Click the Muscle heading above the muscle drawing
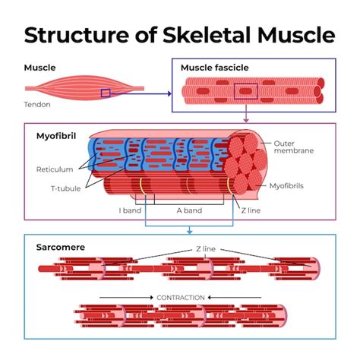[x=40, y=68]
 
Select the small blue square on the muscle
[x=106, y=93]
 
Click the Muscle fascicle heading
[x=214, y=68]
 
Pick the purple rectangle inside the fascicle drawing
[x=245, y=91]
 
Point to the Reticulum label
[x=54, y=169]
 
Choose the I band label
[x=130, y=210]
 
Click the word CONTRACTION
[x=180, y=297]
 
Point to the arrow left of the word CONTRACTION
[x=125, y=297]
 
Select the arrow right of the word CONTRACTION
[x=234, y=297]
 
